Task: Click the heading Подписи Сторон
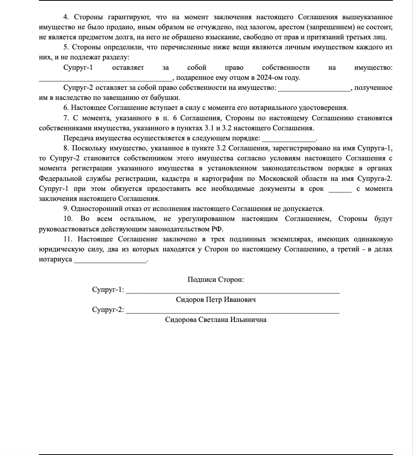click(215, 280)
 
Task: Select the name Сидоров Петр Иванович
click(215, 300)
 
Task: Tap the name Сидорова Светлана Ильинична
click(215, 320)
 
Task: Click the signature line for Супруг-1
click(233, 292)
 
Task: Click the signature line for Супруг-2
click(233, 312)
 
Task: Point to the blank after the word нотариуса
click(110, 261)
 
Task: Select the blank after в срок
click(340, 190)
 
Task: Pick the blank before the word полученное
click(314, 89)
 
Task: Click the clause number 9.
click(65, 209)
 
